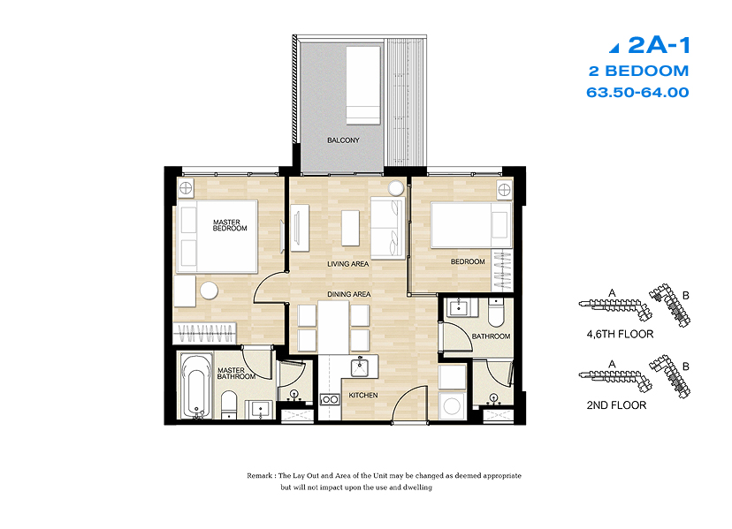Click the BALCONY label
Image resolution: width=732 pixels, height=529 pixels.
pos(343,140)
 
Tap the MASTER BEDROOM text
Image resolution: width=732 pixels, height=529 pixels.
pos(230,225)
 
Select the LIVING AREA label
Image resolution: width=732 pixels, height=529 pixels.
pos(347,264)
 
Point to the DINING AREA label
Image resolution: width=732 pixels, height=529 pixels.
pos(348,294)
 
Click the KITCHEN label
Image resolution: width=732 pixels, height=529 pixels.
pos(363,395)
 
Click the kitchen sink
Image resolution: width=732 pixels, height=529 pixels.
pos(360,367)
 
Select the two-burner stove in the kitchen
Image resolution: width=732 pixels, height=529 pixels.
pos(330,399)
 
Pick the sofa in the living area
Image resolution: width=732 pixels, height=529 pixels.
pos(387,228)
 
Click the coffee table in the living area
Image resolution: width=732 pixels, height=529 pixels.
pos(350,228)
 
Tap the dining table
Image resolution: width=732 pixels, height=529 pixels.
pos(333,327)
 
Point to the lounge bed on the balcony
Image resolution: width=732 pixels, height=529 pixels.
pos(363,85)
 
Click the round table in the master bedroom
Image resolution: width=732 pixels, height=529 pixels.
pos(210,291)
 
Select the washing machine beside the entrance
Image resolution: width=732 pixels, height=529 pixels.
pos(452,406)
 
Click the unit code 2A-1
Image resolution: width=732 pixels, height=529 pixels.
pos(659,45)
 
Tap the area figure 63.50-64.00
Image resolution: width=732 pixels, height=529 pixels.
pos(637,93)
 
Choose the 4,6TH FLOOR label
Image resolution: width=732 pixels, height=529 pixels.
pos(620,334)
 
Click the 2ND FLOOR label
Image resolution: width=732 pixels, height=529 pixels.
pos(616,405)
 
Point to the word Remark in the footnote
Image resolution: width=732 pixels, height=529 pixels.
pos(260,476)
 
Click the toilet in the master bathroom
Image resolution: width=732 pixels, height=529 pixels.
pos(229,404)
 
